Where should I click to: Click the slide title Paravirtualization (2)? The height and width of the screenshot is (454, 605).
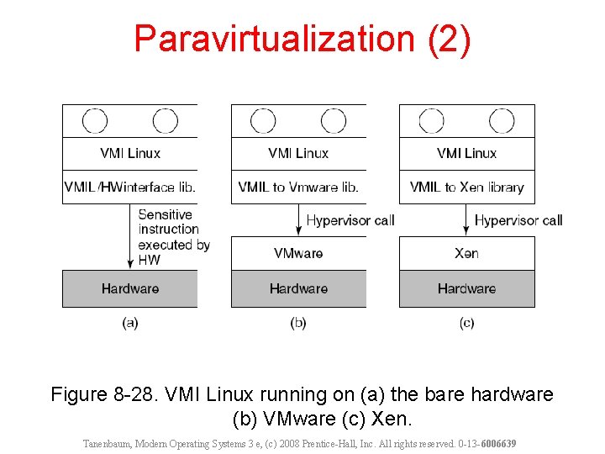coord(302,40)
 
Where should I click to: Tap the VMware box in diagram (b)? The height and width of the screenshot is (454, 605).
coord(298,253)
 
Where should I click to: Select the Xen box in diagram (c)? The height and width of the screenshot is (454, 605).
coord(466,253)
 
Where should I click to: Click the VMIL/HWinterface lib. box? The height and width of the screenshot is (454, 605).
coord(130,187)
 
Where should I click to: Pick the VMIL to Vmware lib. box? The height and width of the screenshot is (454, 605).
coord(298,187)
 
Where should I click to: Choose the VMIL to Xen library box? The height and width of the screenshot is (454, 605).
coord(466,187)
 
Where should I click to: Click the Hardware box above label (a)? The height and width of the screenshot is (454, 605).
coord(130,288)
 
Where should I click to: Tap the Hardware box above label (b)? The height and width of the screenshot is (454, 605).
coord(298,288)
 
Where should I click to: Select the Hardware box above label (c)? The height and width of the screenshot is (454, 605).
coord(466,288)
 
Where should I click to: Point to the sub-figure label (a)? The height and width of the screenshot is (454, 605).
coord(130,323)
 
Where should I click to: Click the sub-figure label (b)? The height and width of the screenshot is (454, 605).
coord(298,323)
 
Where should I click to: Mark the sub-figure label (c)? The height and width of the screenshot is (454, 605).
coord(467,323)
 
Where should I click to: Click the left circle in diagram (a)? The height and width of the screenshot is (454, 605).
coord(95,121)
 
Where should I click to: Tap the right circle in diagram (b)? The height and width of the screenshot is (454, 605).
coord(334,121)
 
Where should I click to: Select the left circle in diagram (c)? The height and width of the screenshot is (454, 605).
coord(431,121)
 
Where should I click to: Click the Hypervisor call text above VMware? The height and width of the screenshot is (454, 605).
coord(350,220)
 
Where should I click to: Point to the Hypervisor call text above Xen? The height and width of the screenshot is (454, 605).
coord(518,220)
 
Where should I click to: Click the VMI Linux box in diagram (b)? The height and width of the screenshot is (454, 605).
coord(298,153)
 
